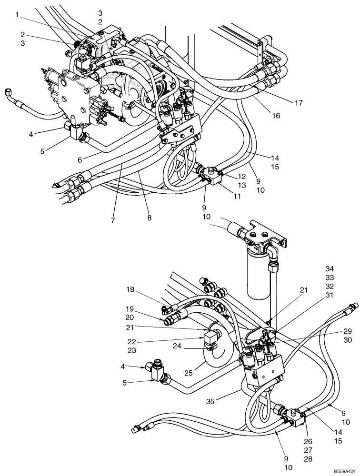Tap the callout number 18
point(130,289)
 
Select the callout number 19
point(130,309)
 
